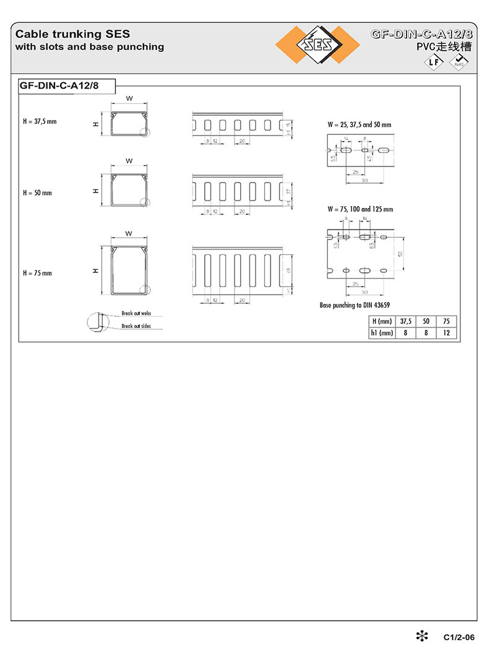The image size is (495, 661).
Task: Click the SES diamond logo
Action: pyautogui.click(x=318, y=45)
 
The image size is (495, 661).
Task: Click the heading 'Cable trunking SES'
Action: pyautogui.click(x=72, y=34)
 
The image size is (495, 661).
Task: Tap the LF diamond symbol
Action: pyautogui.click(x=434, y=63)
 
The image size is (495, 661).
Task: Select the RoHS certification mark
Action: pyautogui.click(x=459, y=62)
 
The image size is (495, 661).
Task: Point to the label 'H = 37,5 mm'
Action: pyautogui.click(x=40, y=121)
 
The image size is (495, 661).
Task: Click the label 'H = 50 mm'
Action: pyautogui.click(x=37, y=192)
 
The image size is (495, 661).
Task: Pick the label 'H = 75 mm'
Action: pyautogui.click(x=37, y=273)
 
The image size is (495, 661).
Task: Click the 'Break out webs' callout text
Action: pyautogui.click(x=136, y=314)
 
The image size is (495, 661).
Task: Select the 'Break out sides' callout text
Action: pyautogui.click(x=136, y=326)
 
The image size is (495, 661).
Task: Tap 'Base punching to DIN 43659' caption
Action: pyautogui.click(x=355, y=305)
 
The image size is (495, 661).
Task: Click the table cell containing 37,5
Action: pyautogui.click(x=406, y=321)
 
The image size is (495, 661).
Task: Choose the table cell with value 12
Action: pyautogui.click(x=447, y=333)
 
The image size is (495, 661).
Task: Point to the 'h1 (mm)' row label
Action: pyautogui.click(x=382, y=333)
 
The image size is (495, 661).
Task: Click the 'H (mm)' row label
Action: pyautogui.click(x=382, y=321)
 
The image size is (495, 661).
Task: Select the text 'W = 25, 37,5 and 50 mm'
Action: pyautogui.click(x=359, y=124)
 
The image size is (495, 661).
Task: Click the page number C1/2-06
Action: pyautogui.click(x=458, y=637)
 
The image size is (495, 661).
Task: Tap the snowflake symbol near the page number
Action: pyautogui.click(x=421, y=636)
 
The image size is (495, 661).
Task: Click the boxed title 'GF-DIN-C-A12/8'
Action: pyautogui.click(x=59, y=86)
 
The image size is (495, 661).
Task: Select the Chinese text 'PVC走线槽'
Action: pyautogui.click(x=444, y=47)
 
